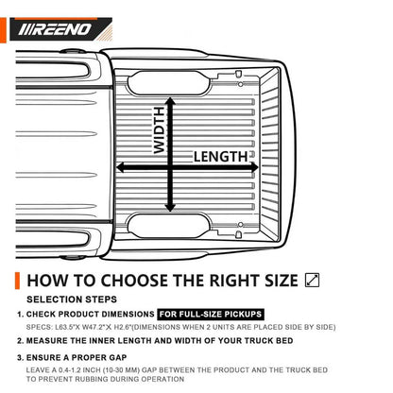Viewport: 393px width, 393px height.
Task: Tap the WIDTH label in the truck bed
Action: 160,130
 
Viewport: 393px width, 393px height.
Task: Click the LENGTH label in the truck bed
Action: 221,157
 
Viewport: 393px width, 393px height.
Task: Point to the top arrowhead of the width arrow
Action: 170,101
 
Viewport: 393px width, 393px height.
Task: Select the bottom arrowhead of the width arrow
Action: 170,208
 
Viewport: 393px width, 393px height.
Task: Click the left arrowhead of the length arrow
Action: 121,167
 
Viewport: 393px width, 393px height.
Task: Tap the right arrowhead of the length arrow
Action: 254,167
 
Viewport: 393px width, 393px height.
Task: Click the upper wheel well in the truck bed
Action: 168,83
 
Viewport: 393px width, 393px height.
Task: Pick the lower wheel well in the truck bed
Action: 168,226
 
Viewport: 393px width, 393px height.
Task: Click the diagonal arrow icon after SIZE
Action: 312,280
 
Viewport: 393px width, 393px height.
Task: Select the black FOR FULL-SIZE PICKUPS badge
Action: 211,314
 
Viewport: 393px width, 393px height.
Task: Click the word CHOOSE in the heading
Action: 134,281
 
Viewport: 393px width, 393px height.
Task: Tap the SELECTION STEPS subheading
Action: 72,299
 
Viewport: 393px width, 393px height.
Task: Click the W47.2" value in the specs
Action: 94,327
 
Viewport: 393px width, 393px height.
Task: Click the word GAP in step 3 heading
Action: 118,358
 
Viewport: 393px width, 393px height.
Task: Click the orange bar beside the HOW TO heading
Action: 17,281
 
